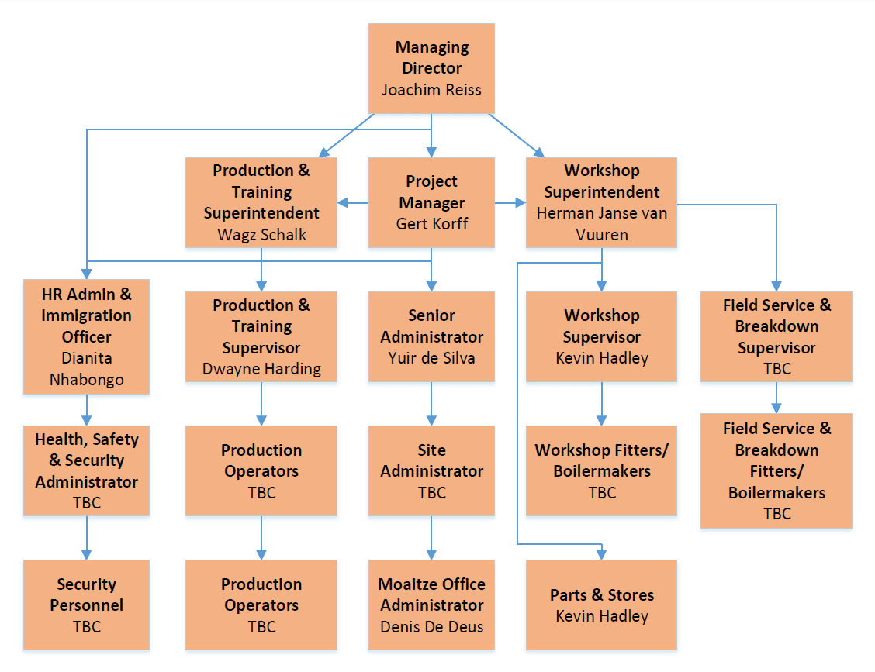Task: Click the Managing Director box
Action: tap(431, 68)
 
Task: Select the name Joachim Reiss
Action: tap(431, 90)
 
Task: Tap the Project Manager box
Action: tap(431, 202)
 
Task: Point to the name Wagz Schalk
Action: tap(261, 235)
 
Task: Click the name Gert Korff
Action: tap(431, 224)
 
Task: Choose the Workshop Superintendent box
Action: tap(601, 202)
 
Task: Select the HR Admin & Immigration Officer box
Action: tap(86, 336)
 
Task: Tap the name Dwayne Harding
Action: tap(261, 369)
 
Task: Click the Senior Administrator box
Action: tap(431, 336)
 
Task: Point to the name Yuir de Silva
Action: tap(431, 358)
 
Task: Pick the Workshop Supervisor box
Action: tap(601, 336)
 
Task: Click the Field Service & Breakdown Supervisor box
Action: tap(776, 336)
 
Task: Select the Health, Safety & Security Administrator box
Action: tap(86, 470)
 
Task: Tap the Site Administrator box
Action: tap(431, 470)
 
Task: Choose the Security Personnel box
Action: tap(86, 605)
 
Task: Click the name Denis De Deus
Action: tap(431, 627)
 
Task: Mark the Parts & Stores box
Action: tap(601, 605)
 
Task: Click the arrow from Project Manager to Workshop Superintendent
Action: tap(510, 203)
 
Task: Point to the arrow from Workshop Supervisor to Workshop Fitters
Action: tap(601, 404)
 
